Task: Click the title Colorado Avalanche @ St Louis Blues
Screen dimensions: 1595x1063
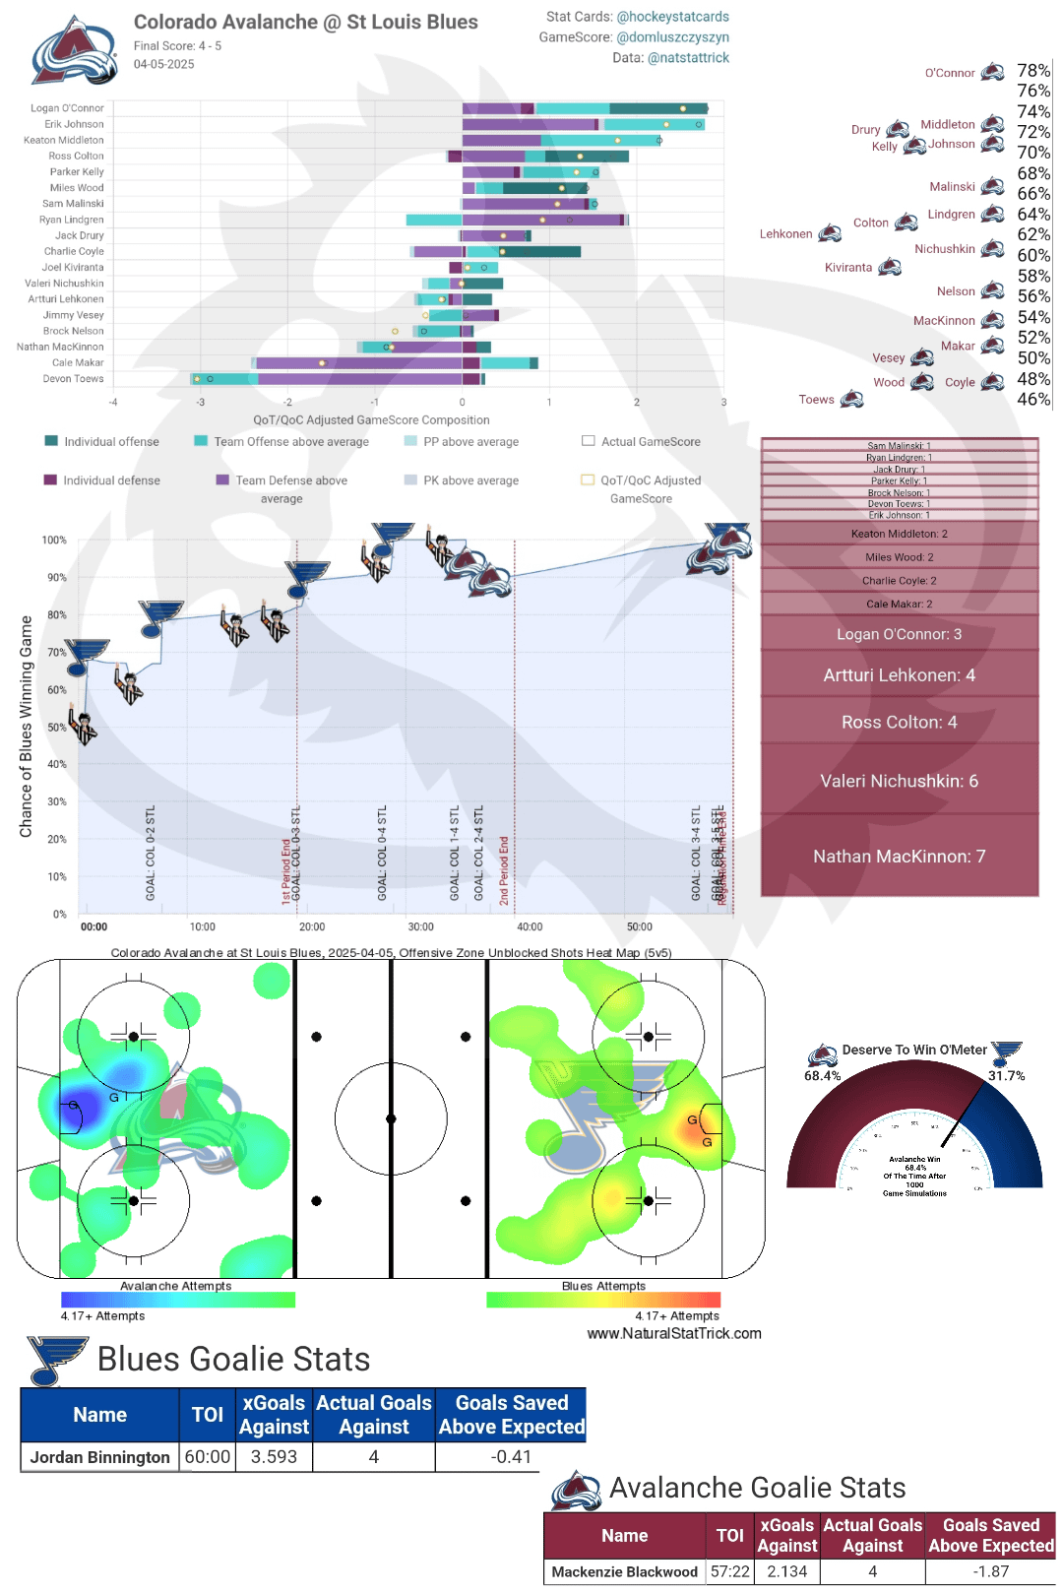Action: pos(305,22)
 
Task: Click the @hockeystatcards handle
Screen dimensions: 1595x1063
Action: pos(672,17)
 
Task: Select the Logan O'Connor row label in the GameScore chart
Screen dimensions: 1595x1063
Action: pos(67,108)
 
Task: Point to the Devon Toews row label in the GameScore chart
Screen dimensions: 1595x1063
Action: pos(73,379)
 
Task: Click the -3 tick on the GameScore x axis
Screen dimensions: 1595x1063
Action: pos(201,402)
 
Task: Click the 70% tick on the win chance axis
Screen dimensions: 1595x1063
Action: pos(57,653)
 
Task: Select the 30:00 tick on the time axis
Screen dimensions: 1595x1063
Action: pos(420,926)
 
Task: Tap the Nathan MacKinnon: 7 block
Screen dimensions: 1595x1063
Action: pos(899,857)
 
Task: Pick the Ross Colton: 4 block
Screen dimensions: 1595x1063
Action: pos(899,722)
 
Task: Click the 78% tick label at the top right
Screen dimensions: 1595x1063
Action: pos(1033,71)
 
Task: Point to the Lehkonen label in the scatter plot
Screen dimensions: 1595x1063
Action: pos(785,234)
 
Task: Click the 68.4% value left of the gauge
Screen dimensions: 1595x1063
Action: pos(822,1076)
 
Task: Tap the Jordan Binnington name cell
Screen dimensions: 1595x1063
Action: pos(99,1457)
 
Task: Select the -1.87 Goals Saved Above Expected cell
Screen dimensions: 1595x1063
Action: pos(990,1571)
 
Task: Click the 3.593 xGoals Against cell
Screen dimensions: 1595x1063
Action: pos(274,1457)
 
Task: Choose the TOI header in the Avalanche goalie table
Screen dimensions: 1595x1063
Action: pos(729,1535)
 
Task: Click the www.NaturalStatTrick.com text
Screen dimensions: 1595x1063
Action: pos(674,1333)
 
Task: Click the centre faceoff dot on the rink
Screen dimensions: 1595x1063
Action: pos(391,1118)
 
